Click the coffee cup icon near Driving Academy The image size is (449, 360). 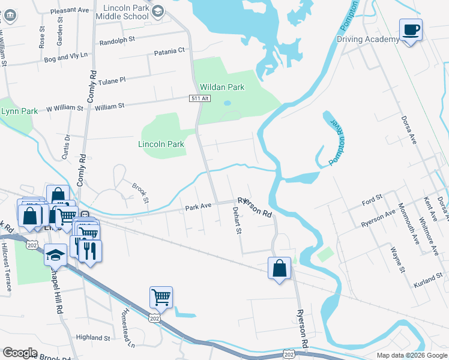[x=411, y=30]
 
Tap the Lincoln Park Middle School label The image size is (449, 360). [x=125, y=12]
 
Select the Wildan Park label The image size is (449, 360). [x=222, y=87]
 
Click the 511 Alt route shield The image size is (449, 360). [x=200, y=98]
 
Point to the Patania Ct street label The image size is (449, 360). [x=170, y=51]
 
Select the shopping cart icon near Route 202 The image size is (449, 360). [x=161, y=296]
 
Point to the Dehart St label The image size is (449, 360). [x=237, y=220]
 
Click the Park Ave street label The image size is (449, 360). [x=198, y=206]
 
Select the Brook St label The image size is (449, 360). [x=140, y=193]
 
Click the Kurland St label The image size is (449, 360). [x=428, y=281]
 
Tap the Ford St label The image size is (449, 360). [x=372, y=199]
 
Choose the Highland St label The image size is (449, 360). [x=93, y=338]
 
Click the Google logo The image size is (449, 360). [x=20, y=353]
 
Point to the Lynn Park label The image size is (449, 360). [x=19, y=111]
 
